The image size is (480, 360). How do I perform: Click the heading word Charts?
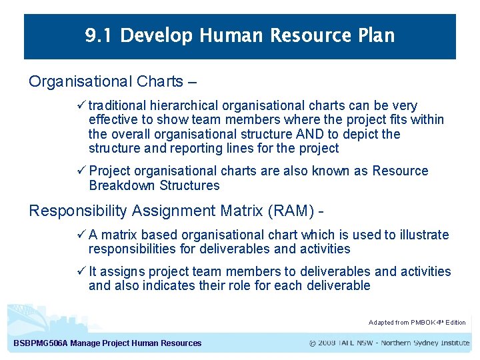[160, 82]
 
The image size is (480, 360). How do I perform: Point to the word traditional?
[118, 106]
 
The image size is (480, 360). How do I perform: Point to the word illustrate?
[425, 235]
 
